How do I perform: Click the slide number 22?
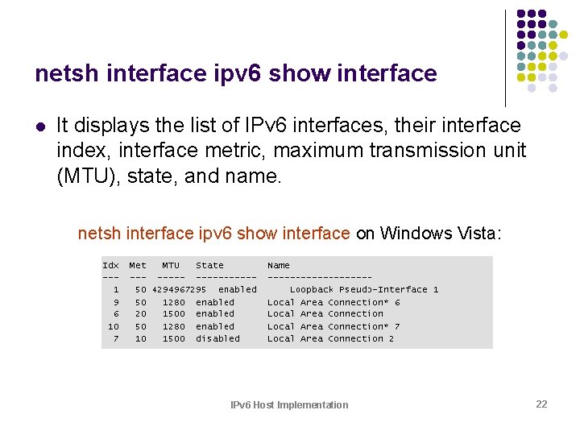click(x=541, y=404)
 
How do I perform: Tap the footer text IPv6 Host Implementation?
click(x=289, y=405)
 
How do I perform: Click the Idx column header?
click(x=110, y=265)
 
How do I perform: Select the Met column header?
click(x=138, y=265)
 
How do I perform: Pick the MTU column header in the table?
click(x=171, y=265)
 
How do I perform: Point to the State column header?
click(x=209, y=265)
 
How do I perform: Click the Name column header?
click(x=279, y=265)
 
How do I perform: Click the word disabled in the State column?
click(x=217, y=338)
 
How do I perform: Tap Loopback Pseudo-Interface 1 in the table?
click(x=364, y=289)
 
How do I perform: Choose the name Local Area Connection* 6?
click(x=333, y=302)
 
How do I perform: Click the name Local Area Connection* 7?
click(x=333, y=326)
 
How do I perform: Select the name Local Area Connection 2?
click(x=330, y=338)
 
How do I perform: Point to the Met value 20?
click(x=140, y=314)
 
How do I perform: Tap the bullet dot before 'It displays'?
click(x=39, y=126)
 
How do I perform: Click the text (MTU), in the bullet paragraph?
click(x=89, y=176)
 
